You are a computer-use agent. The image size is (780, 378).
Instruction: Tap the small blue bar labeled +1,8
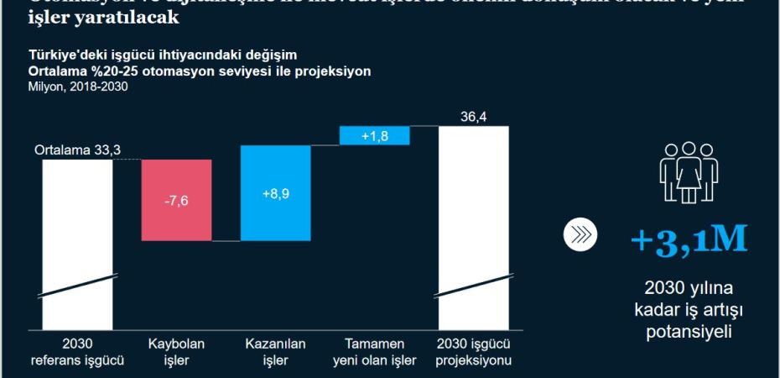point(375,135)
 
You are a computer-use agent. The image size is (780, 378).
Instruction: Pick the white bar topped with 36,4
point(473,218)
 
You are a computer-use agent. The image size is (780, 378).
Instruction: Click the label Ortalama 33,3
point(78,150)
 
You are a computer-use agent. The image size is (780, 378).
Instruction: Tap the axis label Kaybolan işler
point(176,353)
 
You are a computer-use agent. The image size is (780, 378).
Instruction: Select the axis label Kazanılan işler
point(275,353)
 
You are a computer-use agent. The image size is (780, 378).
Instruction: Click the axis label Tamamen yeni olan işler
point(375,353)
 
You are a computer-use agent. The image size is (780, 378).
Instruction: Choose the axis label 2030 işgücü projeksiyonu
point(474,353)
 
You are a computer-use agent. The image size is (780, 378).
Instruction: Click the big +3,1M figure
point(688,241)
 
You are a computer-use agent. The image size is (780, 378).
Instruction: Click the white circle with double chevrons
point(579,237)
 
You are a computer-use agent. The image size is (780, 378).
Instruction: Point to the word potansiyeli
point(688,331)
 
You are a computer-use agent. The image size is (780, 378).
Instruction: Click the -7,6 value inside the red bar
point(176,201)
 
